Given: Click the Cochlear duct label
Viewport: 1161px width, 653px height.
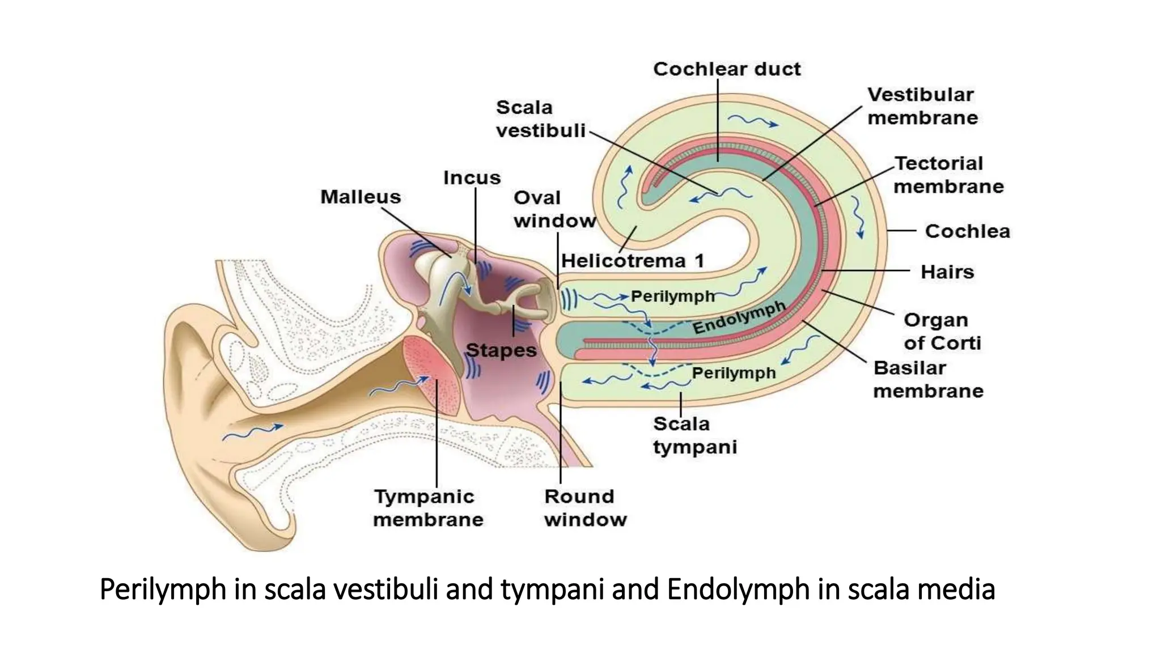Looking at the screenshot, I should click(727, 69).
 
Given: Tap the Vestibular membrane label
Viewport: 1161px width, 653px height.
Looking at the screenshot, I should click(922, 106).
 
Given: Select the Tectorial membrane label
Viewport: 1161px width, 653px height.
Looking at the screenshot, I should click(948, 175).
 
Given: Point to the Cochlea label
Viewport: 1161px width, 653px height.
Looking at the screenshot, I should click(967, 231).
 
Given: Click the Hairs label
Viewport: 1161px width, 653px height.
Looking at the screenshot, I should click(947, 272).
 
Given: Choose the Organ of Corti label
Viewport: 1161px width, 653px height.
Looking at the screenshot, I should click(942, 332).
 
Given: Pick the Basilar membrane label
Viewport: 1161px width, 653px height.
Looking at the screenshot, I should click(928, 379).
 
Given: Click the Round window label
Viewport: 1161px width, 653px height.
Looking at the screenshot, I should click(585, 508).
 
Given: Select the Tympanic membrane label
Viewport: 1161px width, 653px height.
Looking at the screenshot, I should click(428, 508).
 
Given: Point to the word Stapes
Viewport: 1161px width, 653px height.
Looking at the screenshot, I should click(501, 350).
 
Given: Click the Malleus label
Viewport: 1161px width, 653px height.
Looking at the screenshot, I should click(361, 197).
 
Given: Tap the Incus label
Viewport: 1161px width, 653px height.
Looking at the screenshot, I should click(472, 178).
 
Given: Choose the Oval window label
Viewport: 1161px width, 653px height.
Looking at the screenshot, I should click(554, 209).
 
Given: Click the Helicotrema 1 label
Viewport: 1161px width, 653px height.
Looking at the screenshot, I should click(633, 261).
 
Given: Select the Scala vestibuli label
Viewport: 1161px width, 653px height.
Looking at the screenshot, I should click(540, 119).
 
